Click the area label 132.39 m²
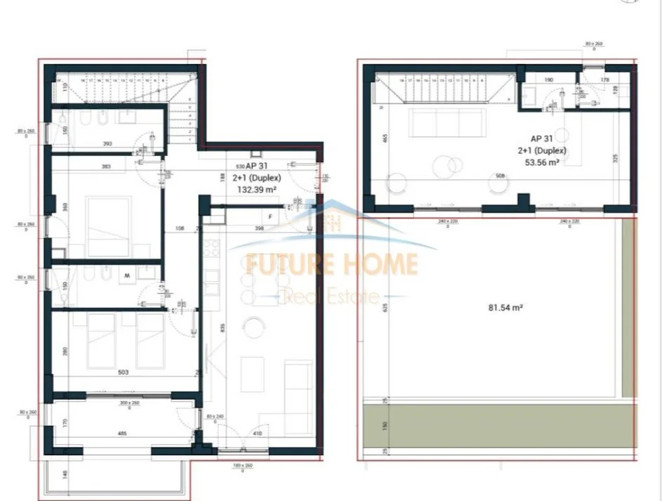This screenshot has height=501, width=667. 256,189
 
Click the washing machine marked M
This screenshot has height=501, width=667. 128,275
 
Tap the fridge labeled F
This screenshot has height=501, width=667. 271,217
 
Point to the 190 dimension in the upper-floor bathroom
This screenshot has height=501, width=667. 549,79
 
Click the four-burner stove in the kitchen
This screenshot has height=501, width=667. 211,248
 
